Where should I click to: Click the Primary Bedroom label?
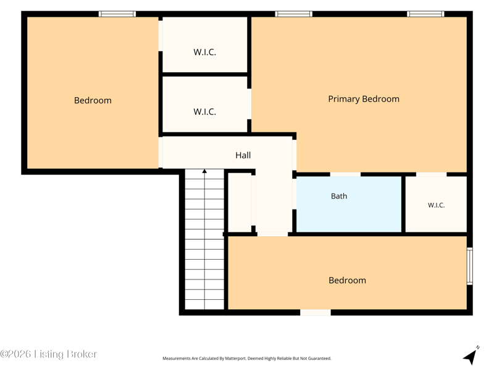[x=364, y=99]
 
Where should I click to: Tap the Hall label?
[x=243, y=155]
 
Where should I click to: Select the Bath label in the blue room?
[x=339, y=196]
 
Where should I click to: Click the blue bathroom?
[x=349, y=204]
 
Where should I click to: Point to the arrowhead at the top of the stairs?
[x=204, y=171]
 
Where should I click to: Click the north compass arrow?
[x=471, y=356]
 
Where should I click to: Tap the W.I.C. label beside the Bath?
[x=436, y=205]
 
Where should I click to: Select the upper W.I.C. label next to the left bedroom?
[x=204, y=52]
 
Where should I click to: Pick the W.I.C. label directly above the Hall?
[x=204, y=112]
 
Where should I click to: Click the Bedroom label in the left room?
[x=93, y=100]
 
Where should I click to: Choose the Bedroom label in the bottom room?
[x=347, y=281]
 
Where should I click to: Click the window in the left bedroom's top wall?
[x=117, y=14]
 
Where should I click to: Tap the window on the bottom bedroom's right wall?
[x=469, y=267]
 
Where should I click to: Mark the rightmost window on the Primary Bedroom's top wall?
[x=425, y=14]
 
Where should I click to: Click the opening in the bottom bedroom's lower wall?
[x=316, y=312]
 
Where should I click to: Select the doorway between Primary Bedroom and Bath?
[x=345, y=174]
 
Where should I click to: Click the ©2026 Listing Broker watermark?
[x=49, y=354]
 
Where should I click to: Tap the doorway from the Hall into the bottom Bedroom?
[x=272, y=234]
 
